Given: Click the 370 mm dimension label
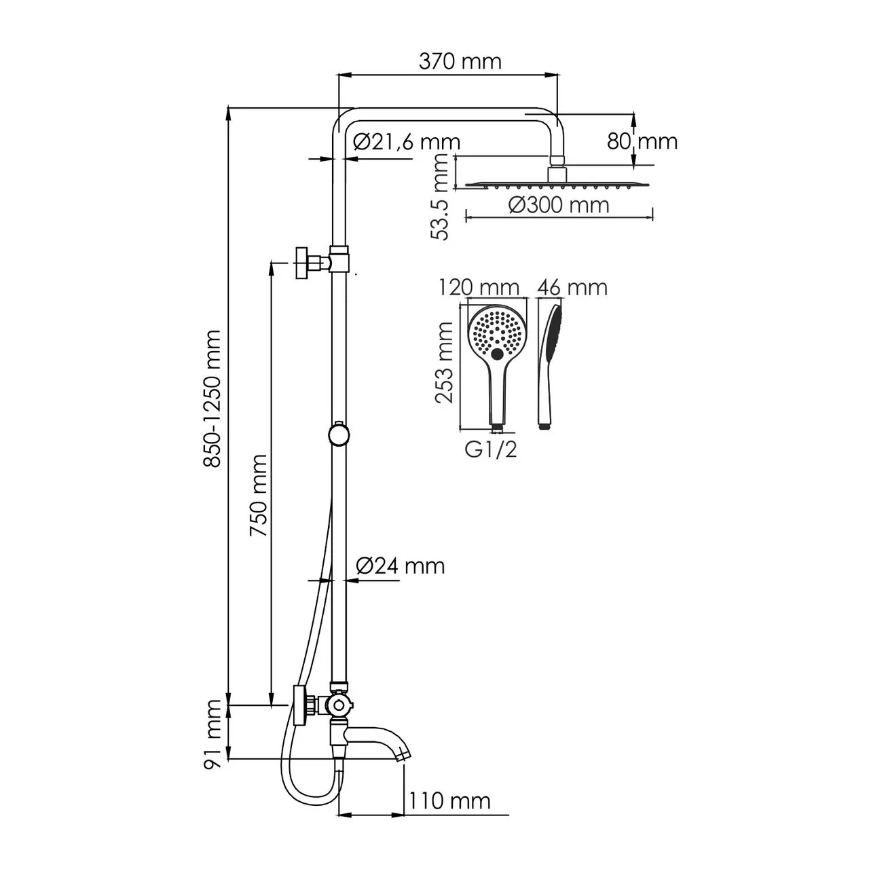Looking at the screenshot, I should (460, 62).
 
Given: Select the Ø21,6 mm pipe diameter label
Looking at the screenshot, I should (407, 142).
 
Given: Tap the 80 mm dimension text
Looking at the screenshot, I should (642, 141).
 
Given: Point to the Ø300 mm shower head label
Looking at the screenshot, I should (559, 204).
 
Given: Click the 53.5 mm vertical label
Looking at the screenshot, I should (441, 197).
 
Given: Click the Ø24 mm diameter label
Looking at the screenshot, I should (401, 565).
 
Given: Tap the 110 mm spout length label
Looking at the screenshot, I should (449, 800).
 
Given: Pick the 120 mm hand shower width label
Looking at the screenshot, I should (479, 287).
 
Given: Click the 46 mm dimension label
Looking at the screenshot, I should (572, 287).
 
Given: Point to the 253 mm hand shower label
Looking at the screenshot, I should (445, 363).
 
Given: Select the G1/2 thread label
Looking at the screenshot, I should (491, 449).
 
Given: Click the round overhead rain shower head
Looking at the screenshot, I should (559, 183).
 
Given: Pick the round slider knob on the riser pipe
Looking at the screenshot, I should (339, 434).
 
